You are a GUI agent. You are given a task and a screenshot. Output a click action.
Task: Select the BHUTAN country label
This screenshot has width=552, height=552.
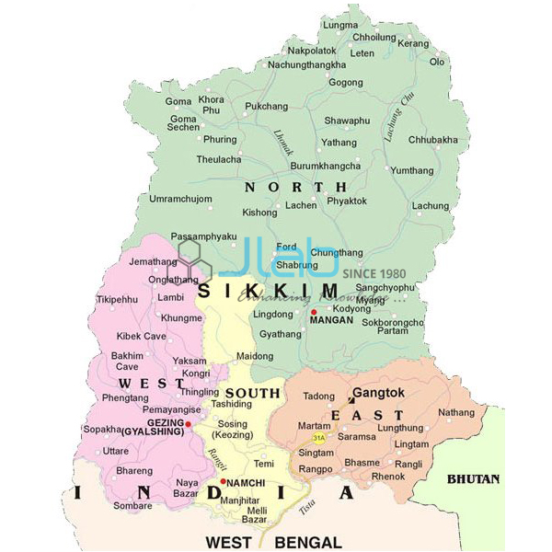pyautogui.click(x=473, y=478)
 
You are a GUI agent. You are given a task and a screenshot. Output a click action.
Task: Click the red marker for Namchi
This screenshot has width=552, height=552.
pyautogui.click(x=223, y=481)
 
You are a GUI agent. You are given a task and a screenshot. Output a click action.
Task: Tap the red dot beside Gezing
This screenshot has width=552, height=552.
pyautogui.click(x=188, y=424)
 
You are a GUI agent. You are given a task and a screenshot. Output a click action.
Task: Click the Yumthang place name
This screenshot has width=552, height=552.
pyautogui.click(x=411, y=170)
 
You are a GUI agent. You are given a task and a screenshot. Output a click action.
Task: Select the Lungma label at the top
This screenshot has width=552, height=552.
pyautogui.click(x=341, y=25)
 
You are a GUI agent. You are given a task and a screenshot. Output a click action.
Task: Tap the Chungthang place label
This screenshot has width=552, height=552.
pyautogui.click(x=337, y=252)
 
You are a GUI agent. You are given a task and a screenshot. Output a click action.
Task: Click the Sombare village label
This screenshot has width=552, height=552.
pyautogui.click(x=132, y=505)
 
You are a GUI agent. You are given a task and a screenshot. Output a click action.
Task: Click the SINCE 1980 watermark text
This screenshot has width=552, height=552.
pyautogui.click(x=374, y=274)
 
